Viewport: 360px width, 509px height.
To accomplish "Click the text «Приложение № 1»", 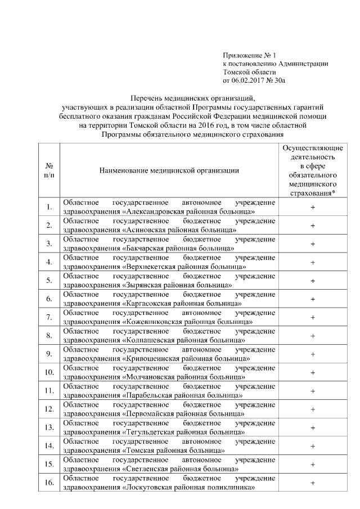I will point(250,55).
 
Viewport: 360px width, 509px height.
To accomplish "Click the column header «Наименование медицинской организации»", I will point(169,170).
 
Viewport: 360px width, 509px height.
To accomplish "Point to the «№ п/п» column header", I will point(49,170).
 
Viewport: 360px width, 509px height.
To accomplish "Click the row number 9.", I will point(49,354).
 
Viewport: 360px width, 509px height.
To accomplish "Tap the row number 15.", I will point(49,464).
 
